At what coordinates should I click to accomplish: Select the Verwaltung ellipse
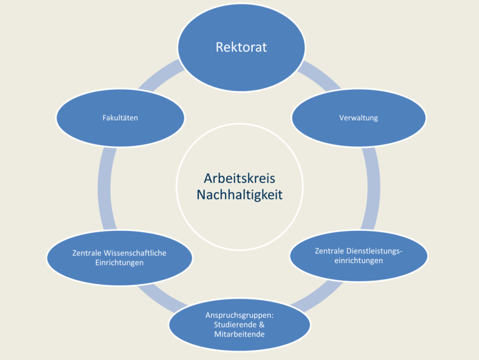click(359, 118)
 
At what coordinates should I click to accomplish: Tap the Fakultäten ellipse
click(120, 118)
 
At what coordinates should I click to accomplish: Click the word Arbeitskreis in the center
click(239, 179)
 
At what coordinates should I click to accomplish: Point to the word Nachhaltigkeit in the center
click(239, 195)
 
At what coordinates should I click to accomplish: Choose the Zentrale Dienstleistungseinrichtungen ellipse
click(359, 256)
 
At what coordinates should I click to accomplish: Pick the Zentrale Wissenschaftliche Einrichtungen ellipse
click(119, 258)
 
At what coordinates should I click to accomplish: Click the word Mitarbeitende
click(239, 333)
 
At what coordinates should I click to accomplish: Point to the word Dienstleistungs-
click(375, 251)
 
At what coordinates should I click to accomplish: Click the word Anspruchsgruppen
click(239, 314)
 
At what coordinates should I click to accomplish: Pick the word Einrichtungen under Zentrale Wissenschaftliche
click(119, 262)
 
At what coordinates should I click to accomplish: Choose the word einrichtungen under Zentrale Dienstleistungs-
click(358, 260)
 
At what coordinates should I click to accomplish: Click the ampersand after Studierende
click(261, 324)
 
